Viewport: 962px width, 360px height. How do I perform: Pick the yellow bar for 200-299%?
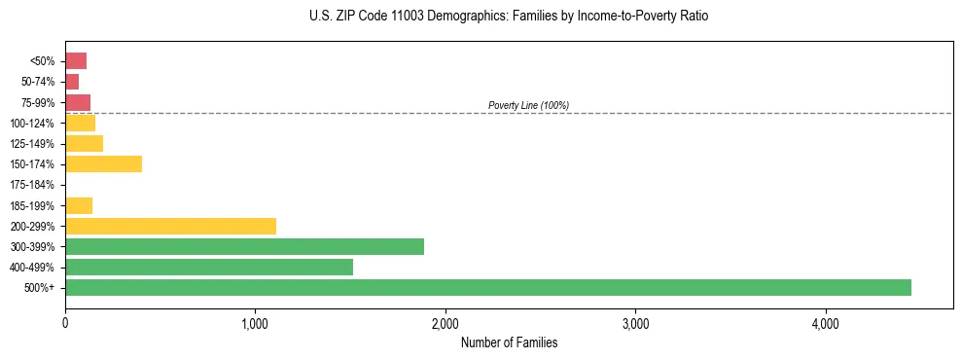[170, 226]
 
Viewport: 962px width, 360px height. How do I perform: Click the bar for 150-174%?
[103, 163]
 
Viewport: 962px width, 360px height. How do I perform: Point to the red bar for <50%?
[76, 61]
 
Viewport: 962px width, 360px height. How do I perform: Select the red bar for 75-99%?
[78, 102]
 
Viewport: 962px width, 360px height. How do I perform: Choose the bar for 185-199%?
[79, 205]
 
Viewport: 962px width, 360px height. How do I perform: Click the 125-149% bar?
[84, 143]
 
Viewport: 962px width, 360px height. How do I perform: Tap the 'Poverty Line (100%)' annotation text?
[528, 105]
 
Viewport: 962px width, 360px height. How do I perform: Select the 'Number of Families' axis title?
[509, 343]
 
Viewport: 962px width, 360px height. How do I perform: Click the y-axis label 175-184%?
[32, 185]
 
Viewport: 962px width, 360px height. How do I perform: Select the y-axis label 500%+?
[41, 288]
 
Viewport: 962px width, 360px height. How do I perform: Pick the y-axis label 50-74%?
[37, 82]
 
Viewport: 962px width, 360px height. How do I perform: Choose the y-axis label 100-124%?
[32, 124]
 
